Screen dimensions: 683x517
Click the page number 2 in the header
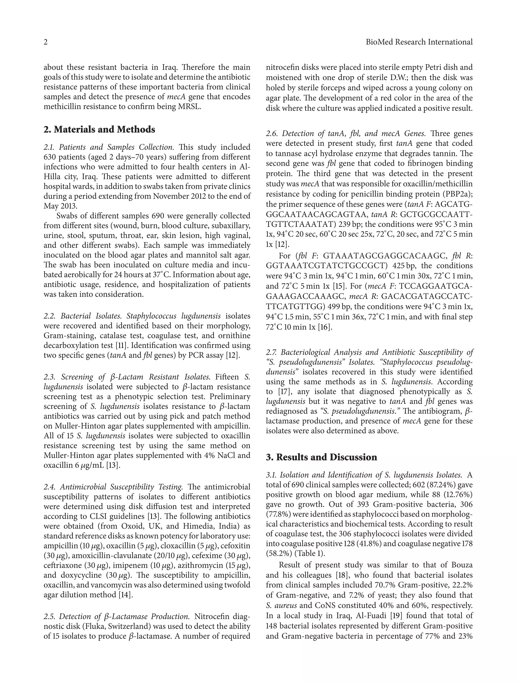(46, 42)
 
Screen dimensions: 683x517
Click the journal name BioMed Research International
(419, 42)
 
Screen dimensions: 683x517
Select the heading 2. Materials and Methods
(99, 129)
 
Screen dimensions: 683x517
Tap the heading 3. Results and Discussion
(321, 457)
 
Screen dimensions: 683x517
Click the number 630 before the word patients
(50, 157)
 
